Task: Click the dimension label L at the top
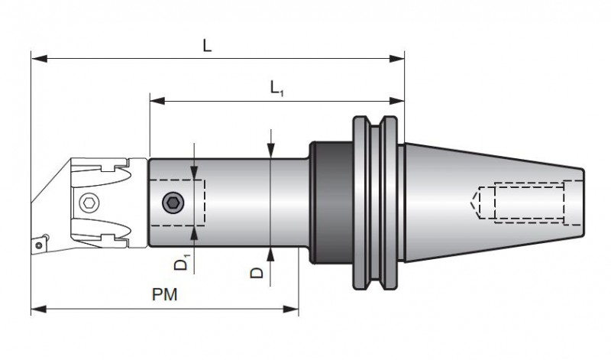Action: pyautogui.click(x=207, y=45)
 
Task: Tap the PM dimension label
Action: pyautogui.click(x=164, y=295)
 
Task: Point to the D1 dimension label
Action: pyautogui.click(x=181, y=264)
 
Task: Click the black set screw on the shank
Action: pyautogui.click(x=173, y=203)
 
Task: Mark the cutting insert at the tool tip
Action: pyautogui.click(x=38, y=244)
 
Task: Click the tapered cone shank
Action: pyautogui.click(x=489, y=202)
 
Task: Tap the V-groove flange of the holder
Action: pyautogui.click(x=375, y=203)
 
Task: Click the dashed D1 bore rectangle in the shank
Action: pyautogui.click(x=177, y=203)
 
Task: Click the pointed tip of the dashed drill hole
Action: pyautogui.click(x=470, y=202)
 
